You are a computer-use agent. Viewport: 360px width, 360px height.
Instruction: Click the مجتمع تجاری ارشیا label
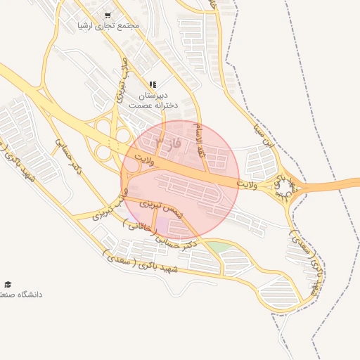pyautogui.click(x=109, y=25)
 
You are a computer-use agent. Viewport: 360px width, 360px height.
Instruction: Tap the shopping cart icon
pyautogui.click(x=108, y=14)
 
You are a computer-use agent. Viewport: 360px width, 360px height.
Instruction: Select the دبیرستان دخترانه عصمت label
pyautogui.click(x=153, y=99)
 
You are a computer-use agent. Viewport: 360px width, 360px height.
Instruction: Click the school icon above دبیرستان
pyautogui.click(x=153, y=84)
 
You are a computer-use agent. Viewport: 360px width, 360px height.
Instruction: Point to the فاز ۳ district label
pyautogui.click(x=169, y=143)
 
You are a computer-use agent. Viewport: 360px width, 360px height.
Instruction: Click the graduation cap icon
pyautogui.click(x=8, y=284)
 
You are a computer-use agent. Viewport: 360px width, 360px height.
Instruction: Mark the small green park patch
pyautogui.click(x=219, y=247)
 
